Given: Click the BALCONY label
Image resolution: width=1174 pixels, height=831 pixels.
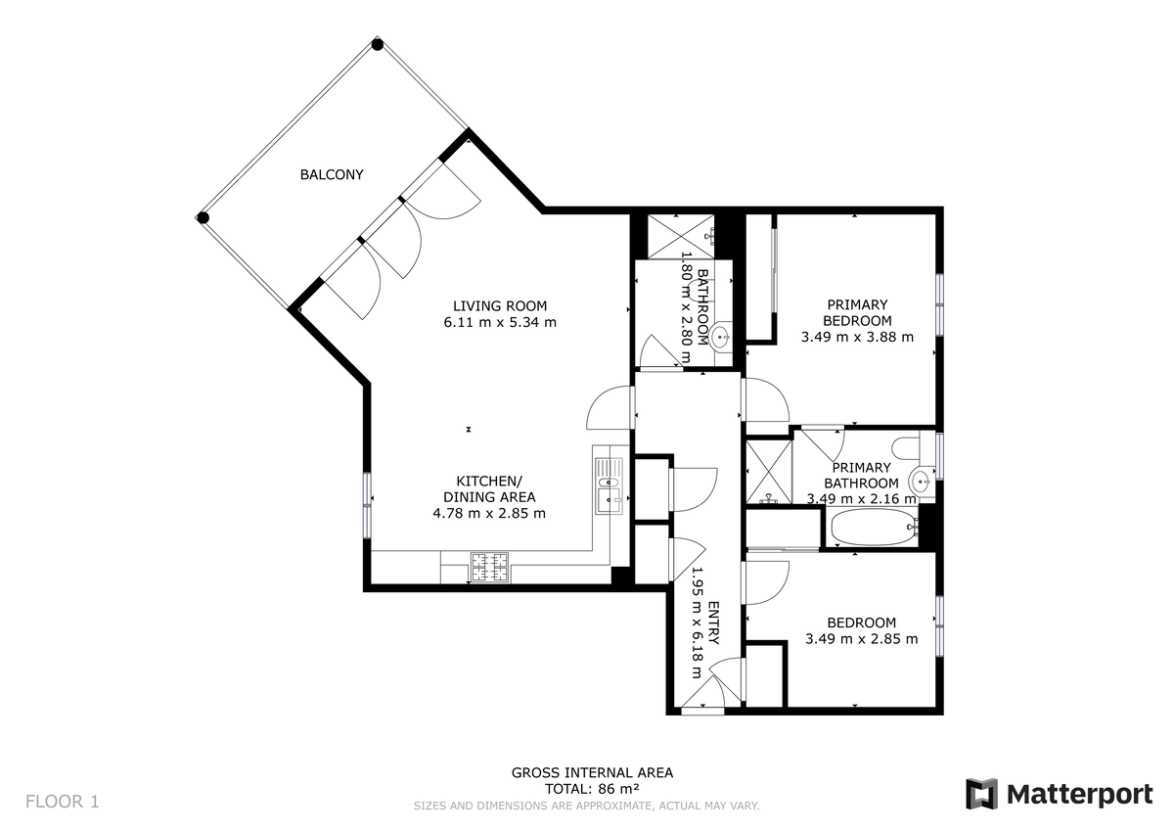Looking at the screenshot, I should click(x=332, y=175).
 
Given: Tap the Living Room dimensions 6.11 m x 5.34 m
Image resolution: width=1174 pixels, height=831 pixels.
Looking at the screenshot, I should click(x=499, y=322).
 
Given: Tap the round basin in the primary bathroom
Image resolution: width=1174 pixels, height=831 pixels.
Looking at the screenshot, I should click(x=920, y=482).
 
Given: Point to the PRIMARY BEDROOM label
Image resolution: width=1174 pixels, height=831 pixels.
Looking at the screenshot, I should click(x=857, y=312).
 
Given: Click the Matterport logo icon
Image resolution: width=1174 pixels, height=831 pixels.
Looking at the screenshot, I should click(x=981, y=794).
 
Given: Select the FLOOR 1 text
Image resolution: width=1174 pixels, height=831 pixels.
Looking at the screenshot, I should click(x=62, y=802).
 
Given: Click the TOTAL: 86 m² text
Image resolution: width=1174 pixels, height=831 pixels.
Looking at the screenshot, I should click(x=592, y=788).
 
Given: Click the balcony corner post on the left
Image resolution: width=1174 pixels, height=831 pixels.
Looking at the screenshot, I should click(x=203, y=217).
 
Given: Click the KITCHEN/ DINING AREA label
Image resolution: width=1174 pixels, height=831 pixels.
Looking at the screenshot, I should click(x=489, y=488).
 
